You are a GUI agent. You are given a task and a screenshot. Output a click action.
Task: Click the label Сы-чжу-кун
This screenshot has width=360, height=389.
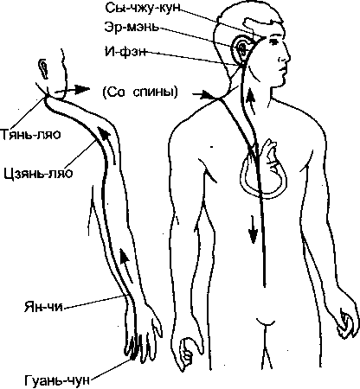pyautogui.click(x=143, y=9)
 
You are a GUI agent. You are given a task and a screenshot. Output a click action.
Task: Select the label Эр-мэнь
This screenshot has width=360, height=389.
pyautogui.click(x=132, y=28)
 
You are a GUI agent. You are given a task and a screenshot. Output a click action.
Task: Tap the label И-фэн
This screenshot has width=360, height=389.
pyautogui.click(x=125, y=52)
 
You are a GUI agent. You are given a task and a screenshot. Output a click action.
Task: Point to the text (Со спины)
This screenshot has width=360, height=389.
pyautogui.click(x=140, y=92)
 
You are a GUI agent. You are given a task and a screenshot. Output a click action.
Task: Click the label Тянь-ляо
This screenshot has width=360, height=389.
pyautogui.click(x=30, y=134)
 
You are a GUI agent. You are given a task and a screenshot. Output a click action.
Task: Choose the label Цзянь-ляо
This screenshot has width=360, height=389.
pyautogui.click(x=39, y=174)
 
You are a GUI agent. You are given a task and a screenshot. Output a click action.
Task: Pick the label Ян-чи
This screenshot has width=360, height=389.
pyautogui.click(x=43, y=307)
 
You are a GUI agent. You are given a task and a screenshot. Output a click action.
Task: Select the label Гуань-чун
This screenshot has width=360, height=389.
pyautogui.click(x=57, y=380)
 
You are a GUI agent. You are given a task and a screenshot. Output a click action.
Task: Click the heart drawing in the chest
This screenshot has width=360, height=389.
pyautogui.click(x=263, y=170)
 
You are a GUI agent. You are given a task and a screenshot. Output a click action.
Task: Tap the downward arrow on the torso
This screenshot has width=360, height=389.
pyautogui.click(x=253, y=230)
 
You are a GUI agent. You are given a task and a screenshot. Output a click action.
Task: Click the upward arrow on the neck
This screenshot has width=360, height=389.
pyautogui.click(x=252, y=102)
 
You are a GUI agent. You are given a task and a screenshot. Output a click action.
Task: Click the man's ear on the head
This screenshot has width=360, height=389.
pyautogui.click(x=241, y=48)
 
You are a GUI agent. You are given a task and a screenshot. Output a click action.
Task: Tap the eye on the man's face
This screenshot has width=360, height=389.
pyautogui.click(x=273, y=41)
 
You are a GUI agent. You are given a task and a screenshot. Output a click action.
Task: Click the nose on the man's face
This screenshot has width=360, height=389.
pyautogui.click(x=286, y=56)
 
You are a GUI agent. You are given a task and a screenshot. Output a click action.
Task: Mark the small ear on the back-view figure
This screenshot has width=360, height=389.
pyautogui.click(x=44, y=68)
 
